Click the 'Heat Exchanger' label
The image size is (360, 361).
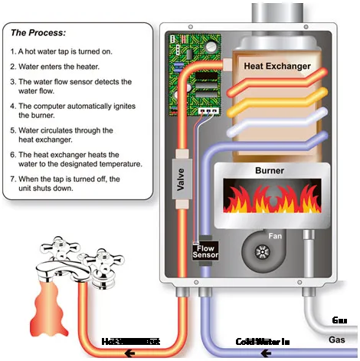pyautogui.click(x=277, y=67)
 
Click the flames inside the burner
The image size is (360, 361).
pyautogui.click(x=269, y=201)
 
